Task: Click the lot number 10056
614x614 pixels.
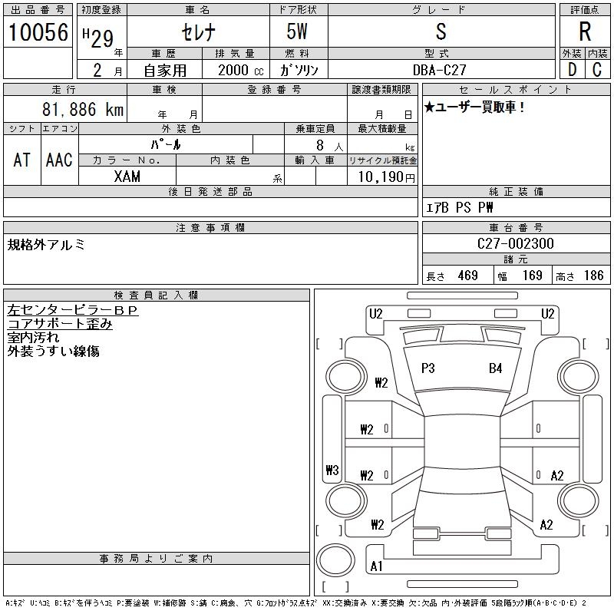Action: (38, 31)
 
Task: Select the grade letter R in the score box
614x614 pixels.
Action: (585, 31)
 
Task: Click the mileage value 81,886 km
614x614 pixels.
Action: (84, 110)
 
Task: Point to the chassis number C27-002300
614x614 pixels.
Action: (516, 243)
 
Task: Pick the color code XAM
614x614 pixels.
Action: (127, 177)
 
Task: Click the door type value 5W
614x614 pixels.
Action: (298, 31)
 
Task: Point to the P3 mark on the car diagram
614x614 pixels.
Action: (428, 368)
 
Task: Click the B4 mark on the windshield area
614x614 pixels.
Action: (495, 368)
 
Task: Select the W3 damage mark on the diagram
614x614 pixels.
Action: (332, 470)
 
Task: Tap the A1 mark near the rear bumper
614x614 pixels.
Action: (376, 566)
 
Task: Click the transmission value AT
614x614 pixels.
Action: (22, 160)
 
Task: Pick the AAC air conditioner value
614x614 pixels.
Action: (59, 160)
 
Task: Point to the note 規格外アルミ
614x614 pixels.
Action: (46, 245)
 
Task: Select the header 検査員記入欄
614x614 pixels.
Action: (157, 295)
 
